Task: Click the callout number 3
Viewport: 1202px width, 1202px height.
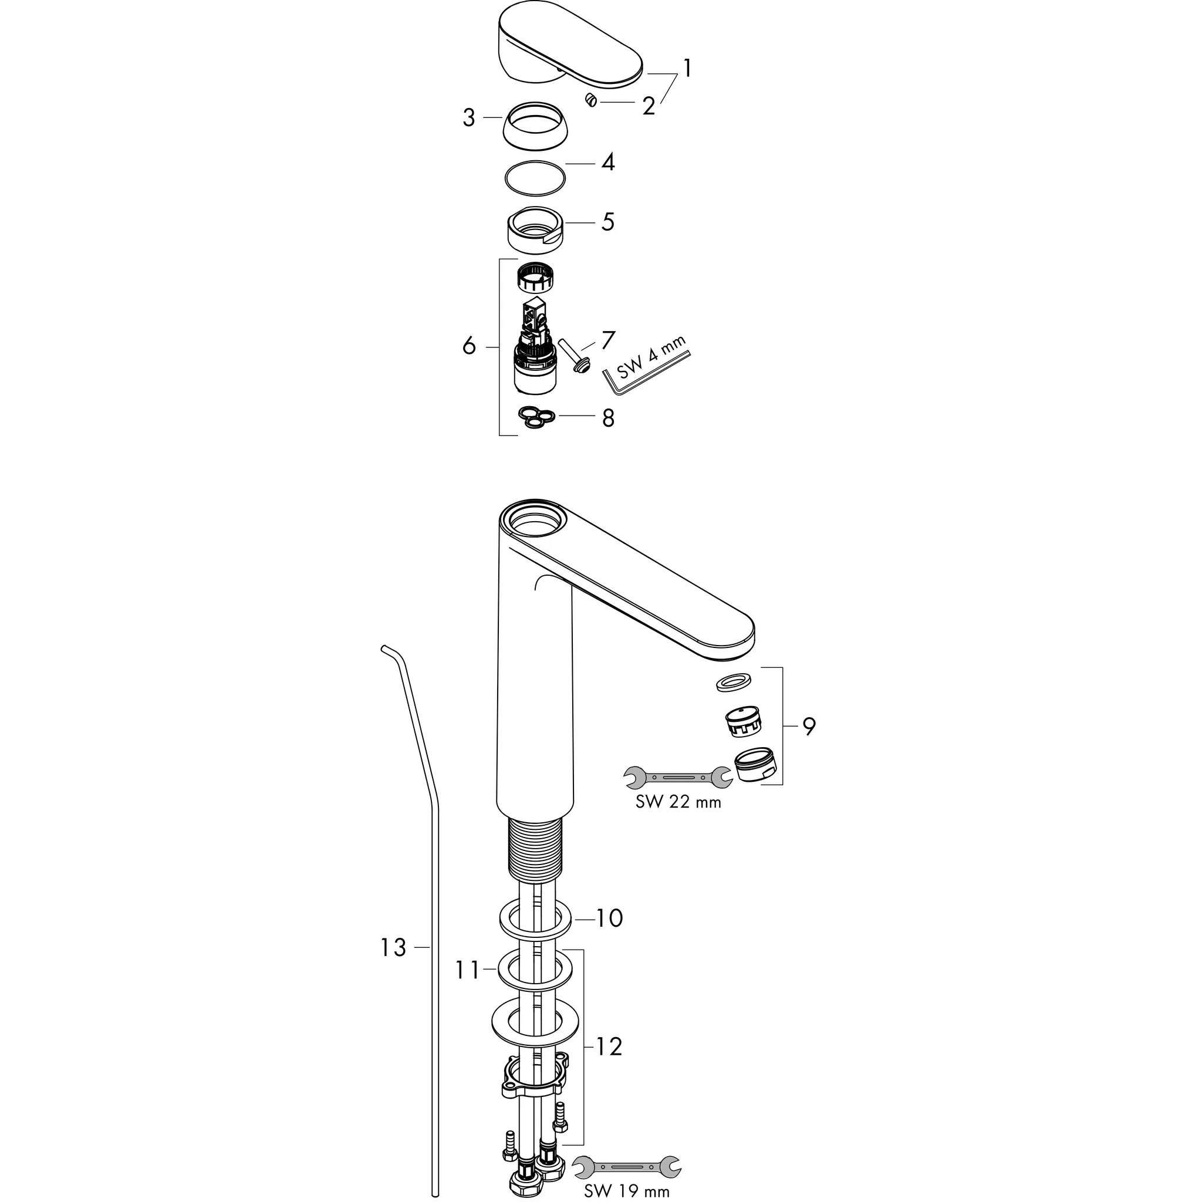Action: point(468,117)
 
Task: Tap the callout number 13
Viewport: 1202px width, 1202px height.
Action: point(393,964)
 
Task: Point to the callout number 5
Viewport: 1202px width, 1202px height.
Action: point(608,221)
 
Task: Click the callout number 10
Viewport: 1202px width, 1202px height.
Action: point(610,918)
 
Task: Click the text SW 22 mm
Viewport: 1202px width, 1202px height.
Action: point(678,802)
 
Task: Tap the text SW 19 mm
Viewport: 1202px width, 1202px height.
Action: point(626,1191)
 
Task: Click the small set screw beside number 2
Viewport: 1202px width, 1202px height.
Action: point(591,100)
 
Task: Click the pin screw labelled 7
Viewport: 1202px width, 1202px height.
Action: point(575,355)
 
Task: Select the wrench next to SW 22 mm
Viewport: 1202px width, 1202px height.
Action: point(677,777)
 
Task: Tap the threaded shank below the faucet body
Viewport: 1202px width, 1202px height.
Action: point(535,850)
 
